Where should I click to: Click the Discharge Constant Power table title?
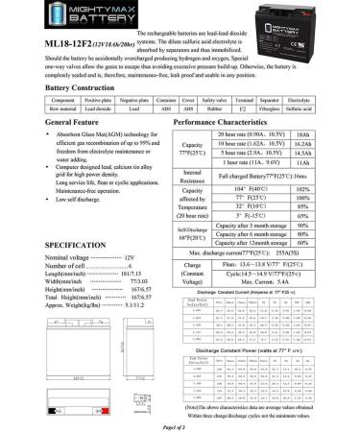(x=256, y=381)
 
